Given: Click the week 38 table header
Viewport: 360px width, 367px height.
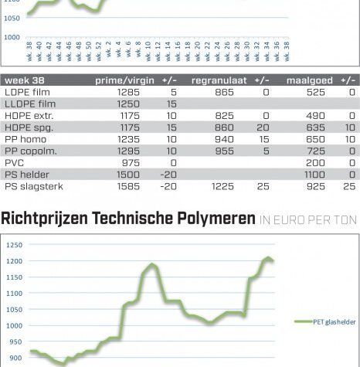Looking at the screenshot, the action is [x=25, y=80].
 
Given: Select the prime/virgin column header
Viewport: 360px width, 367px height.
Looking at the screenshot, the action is [x=124, y=80].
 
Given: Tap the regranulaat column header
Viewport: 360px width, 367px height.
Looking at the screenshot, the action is [x=219, y=80].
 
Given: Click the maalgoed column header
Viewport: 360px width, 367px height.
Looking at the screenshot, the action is [x=310, y=80].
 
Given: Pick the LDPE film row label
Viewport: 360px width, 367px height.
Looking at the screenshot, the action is [x=27, y=92].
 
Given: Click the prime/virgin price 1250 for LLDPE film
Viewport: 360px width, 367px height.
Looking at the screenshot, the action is [x=128, y=104].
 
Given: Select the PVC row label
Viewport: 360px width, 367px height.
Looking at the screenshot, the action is [x=14, y=163].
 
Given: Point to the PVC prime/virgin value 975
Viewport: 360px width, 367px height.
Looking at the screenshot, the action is [x=131, y=163].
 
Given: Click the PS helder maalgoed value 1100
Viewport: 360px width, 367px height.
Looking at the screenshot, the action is [x=314, y=175].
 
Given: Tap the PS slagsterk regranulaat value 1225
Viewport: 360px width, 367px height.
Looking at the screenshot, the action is [x=222, y=186].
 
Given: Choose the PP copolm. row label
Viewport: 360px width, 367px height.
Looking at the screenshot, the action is [x=31, y=151].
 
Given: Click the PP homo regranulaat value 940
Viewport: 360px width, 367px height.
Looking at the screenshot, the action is [x=224, y=139].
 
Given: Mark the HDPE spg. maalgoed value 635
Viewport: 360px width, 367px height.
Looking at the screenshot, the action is [x=315, y=127].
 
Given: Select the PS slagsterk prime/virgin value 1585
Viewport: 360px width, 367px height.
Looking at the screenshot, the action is [x=128, y=186].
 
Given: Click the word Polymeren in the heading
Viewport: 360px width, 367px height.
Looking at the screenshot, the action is [x=216, y=219].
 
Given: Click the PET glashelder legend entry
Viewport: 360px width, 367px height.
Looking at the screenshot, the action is [x=325, y=321].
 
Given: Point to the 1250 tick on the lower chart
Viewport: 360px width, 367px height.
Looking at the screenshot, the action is [x=15, y=245].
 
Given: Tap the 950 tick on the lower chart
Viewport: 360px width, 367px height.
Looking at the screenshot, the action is [x=15, y=342].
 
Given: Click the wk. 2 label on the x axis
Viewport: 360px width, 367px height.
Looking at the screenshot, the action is [x=108, y=49].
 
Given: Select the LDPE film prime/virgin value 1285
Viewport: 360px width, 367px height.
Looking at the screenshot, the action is [x=128, y=92].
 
